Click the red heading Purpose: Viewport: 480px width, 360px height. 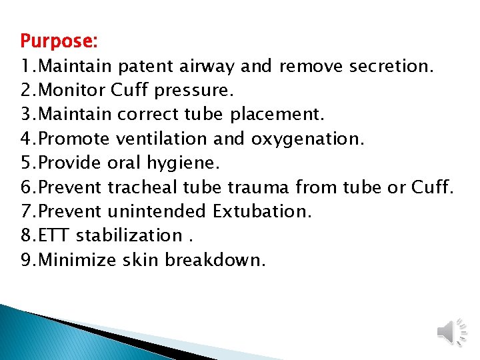[x=59, y=41]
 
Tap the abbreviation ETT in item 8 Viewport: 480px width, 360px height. [x=55, y=236]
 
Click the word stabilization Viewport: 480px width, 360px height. [x=129, y=236]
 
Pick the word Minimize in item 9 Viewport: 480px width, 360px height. [x=79, y=260]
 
